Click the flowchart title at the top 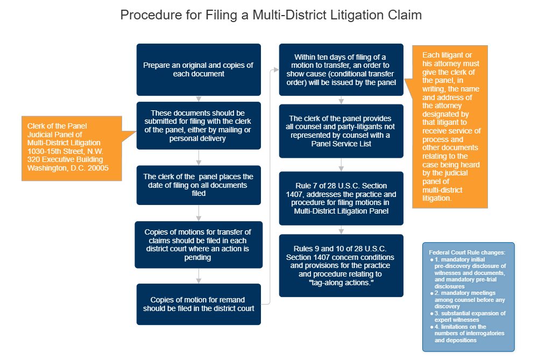click(271, 15)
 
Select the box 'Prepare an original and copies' click(199, 69)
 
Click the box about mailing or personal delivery click(199, 126)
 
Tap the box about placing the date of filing click(199, 185)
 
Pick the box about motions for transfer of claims click(199, 244)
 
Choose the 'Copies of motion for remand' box click(199, 304)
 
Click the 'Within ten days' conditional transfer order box click(341, 70)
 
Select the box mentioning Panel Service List click(341, 131)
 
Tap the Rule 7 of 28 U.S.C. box click(341, 197)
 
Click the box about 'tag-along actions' click(341, 265)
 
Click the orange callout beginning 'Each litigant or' click(451, 127)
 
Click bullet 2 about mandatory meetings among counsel click(470, 299)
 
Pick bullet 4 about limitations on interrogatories click(470, 333)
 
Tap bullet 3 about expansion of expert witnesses click(470, 316)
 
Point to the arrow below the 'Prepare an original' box click(199, 98)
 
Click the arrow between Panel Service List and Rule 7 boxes click(341, 164)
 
